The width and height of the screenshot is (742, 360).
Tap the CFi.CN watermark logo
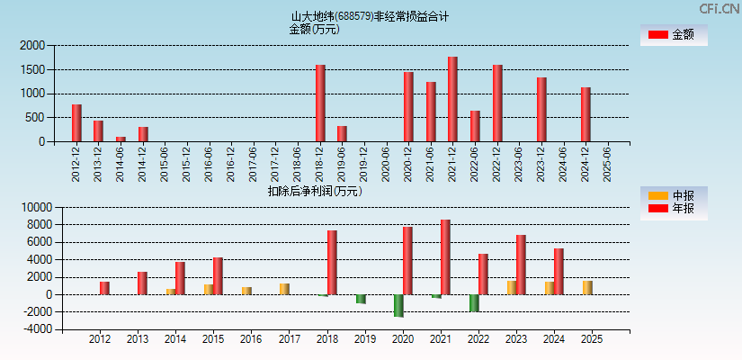[720, 9]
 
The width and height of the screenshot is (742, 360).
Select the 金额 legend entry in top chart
[672, 35]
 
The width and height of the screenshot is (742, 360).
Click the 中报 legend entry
[672, 195]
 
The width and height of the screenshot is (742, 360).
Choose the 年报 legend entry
[672, 209]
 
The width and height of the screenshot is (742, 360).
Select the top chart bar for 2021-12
[452, 99]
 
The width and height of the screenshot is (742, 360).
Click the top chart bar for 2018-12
[320, 103]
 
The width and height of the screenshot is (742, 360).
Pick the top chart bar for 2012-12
[76, 122]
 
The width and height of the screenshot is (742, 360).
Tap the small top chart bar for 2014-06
[121, 139]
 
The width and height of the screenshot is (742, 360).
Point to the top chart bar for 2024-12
[586, 114]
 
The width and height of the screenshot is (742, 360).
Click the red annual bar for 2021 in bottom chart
[445, 256]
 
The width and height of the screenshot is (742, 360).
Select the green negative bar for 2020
[398, 305]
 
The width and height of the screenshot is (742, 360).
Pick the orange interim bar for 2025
[587, 287]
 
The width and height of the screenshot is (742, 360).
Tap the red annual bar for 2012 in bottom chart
[104, 288]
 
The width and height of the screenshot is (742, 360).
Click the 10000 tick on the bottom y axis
[31, 207]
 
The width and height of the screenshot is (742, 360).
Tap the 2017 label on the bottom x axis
[289, 339]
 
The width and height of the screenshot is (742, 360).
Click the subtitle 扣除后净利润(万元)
[315, 191]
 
